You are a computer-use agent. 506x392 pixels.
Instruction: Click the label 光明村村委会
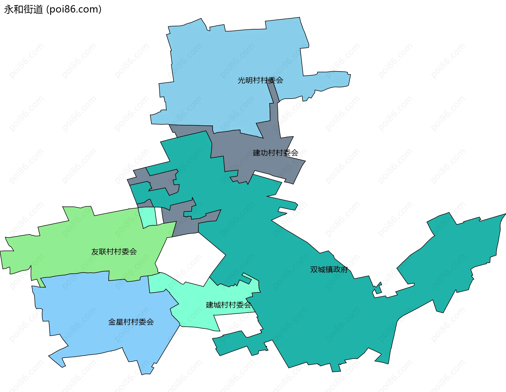point(260,80)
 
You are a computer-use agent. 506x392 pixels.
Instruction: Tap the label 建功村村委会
point(275,153)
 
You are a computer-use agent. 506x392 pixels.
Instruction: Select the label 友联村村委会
point(114,252)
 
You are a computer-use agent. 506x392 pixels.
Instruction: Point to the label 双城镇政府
point(329,270)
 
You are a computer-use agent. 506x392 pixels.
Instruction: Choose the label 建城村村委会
point(228,305)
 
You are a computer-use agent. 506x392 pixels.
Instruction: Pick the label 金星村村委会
point(131,322)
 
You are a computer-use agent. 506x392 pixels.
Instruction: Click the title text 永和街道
point(23,9)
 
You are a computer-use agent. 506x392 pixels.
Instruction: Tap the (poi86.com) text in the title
point(74,9)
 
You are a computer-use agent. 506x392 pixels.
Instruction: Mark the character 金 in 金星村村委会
point(112,322)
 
